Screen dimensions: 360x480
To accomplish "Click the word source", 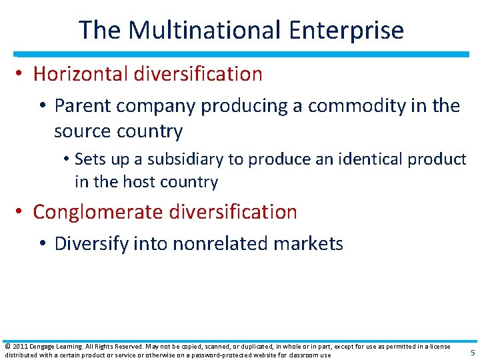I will [81, 131].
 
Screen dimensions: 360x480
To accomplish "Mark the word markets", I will [310, 244].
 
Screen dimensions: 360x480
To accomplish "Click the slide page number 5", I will [473, 353].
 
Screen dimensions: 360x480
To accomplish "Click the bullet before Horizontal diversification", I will [21, 75].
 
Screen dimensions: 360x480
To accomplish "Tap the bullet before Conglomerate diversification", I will [21, 213].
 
